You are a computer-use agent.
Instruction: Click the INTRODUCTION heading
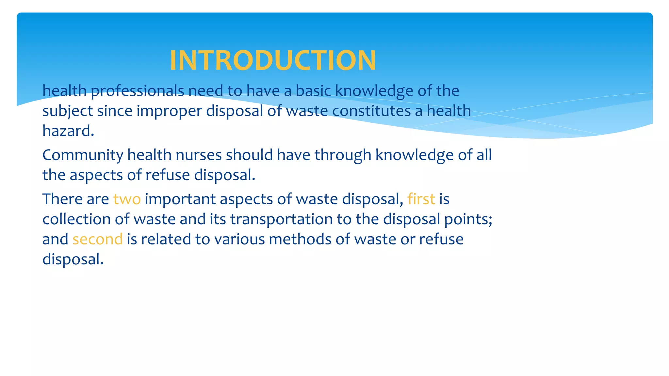pos(273,60)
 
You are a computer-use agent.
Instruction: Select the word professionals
pos(138,91)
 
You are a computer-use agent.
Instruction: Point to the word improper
pos(169,111)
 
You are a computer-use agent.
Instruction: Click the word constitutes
pos(371,111)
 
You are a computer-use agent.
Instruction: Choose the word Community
pos(83,155)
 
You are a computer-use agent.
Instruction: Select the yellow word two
pos(127,199)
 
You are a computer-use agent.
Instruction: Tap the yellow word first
pos(421,199)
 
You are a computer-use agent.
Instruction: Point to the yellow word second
pos(97,239)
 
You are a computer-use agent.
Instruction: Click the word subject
pos(68,111)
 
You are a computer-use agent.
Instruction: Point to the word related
pos(166,239)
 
